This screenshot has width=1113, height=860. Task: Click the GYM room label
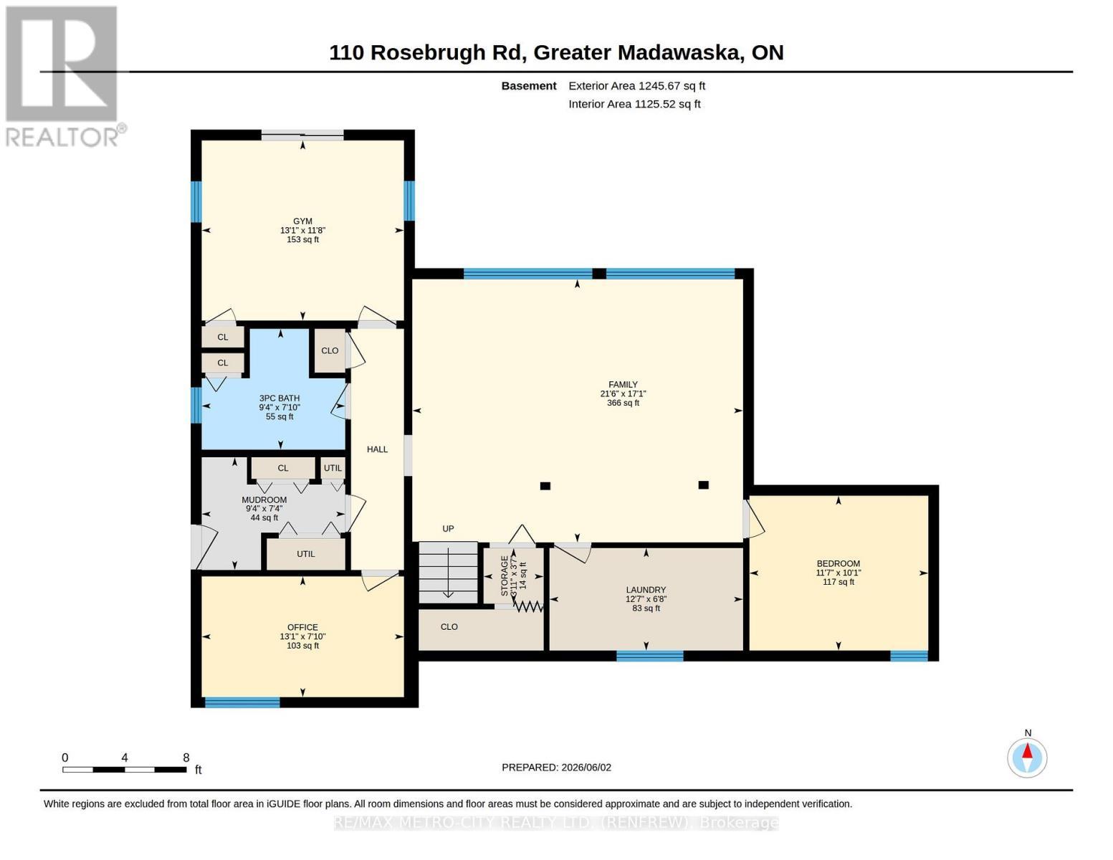[302, 221]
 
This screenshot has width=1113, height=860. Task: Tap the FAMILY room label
[623, 385]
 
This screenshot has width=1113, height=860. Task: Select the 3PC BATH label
[280, 398]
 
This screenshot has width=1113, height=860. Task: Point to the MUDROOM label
[264, 500]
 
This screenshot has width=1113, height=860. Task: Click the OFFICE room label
[302, 628]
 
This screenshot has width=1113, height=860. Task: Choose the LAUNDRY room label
[646, 590]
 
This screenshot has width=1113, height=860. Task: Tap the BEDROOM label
[839, 563]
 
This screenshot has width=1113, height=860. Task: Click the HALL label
[378, 450]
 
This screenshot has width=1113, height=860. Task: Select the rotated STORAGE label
[505, 575]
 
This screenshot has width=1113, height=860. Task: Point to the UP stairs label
[448, 529]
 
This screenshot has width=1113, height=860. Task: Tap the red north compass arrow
[1028, 751]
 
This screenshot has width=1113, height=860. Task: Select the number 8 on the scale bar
[186, 758]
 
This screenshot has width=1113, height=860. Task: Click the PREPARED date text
[556, 768]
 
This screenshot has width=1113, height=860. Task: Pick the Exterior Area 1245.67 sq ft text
[636, 86]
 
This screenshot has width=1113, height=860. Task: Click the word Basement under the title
[529, 86]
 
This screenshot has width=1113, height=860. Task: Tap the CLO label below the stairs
[449, 627]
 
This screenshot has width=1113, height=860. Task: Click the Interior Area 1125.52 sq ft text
[634, 104]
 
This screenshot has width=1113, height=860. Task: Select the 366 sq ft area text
[623, 403]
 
